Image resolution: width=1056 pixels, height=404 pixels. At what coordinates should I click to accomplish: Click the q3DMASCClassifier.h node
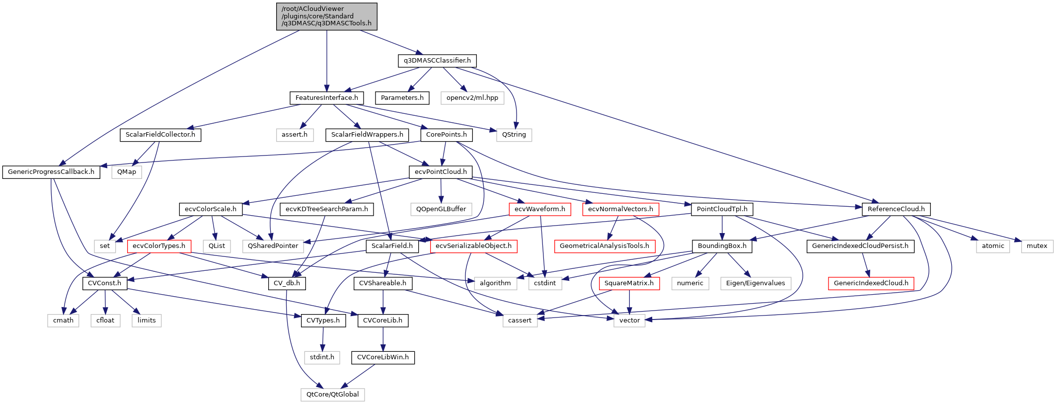pyautogui.click(x=437, y=61)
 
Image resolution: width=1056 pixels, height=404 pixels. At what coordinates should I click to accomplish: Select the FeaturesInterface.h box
pyautogui.click(x=326, y=98)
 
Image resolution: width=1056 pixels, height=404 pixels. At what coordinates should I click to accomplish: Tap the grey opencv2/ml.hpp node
pyautogui.click(x=472, y=98)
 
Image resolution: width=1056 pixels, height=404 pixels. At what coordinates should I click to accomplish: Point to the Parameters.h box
pyautogui.click(x=402, y=98)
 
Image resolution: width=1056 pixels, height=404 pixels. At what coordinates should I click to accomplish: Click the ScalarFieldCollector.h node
pyautogui.click(x=160, y=135)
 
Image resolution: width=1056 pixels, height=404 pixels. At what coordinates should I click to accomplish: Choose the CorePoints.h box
pyautogui.click(x=446, y=135)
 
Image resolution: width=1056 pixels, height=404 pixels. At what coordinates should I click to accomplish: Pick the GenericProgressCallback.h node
pyautogui.click(x=51, y=172)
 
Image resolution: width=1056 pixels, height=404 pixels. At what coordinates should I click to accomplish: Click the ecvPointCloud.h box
pyautogui.click(x=441, y=172)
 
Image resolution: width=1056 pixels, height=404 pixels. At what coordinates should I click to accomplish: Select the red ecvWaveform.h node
pyautogui.click(x=539, y=209)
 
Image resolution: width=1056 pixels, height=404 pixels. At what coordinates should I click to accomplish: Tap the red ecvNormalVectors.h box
pyautogui.click(x=620, y=209)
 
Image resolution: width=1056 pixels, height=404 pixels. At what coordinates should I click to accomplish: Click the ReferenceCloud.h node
pyautogui.click(x=896, y=209)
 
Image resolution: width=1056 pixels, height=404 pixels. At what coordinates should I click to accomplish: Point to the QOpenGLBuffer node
pyautogui.click(x=441, y=209)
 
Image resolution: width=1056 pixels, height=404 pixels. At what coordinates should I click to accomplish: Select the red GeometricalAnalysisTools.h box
pyautogui.click(x=604, y=246)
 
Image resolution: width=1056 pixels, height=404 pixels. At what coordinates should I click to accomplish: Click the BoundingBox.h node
pyautogui.click(x=722, y=246)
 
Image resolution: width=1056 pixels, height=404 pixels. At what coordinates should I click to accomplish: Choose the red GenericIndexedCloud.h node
pyautogui.click(x=871, y=283)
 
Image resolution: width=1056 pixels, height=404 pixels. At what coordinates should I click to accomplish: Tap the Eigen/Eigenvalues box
pyautogui.click(x=755, y=283)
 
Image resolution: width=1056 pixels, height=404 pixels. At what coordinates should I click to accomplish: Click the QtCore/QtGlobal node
pyautogui.click(x=332, y=395)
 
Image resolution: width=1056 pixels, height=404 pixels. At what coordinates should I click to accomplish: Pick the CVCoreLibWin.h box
pyautogui.click(x=382, y=357)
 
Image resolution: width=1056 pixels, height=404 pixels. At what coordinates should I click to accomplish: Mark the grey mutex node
pyautogui.click(x=1037, y=246)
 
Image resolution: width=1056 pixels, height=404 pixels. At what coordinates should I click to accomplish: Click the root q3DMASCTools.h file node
pyautogui.click(x=326, y=16)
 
